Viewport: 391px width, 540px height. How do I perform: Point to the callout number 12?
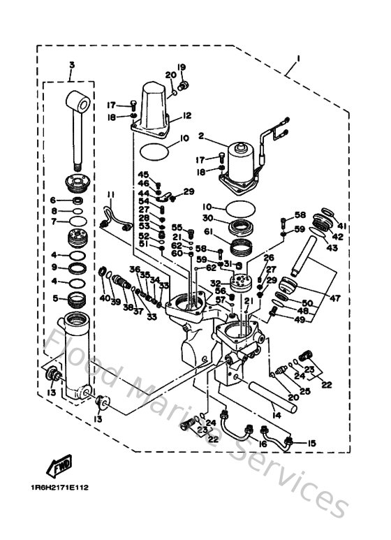[x=186, y=115]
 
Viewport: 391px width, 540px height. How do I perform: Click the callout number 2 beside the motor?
[x=200, y=136]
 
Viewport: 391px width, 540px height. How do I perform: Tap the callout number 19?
[x=182, y=68]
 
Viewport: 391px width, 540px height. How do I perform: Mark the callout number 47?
[x=334, y=298]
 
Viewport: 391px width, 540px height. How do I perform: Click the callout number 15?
[x=311, y=442]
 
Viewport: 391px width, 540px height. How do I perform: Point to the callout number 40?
[x=104, y=298]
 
